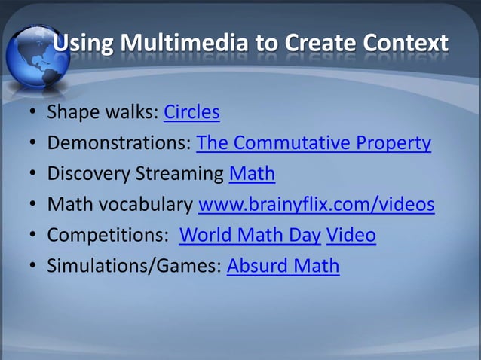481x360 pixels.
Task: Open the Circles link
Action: coord(191,113)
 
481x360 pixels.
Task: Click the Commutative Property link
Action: coord(314,143)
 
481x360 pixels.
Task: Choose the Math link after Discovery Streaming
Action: coord(252,174)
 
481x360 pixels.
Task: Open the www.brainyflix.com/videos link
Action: coord(316,205)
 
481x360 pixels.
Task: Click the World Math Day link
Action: coord(250,236)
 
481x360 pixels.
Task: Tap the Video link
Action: coord(351,236)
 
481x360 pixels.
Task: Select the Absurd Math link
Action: coord(283,267)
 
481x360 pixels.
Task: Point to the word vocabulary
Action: coord(150,205)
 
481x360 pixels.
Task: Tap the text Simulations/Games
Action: coord(135,267)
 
